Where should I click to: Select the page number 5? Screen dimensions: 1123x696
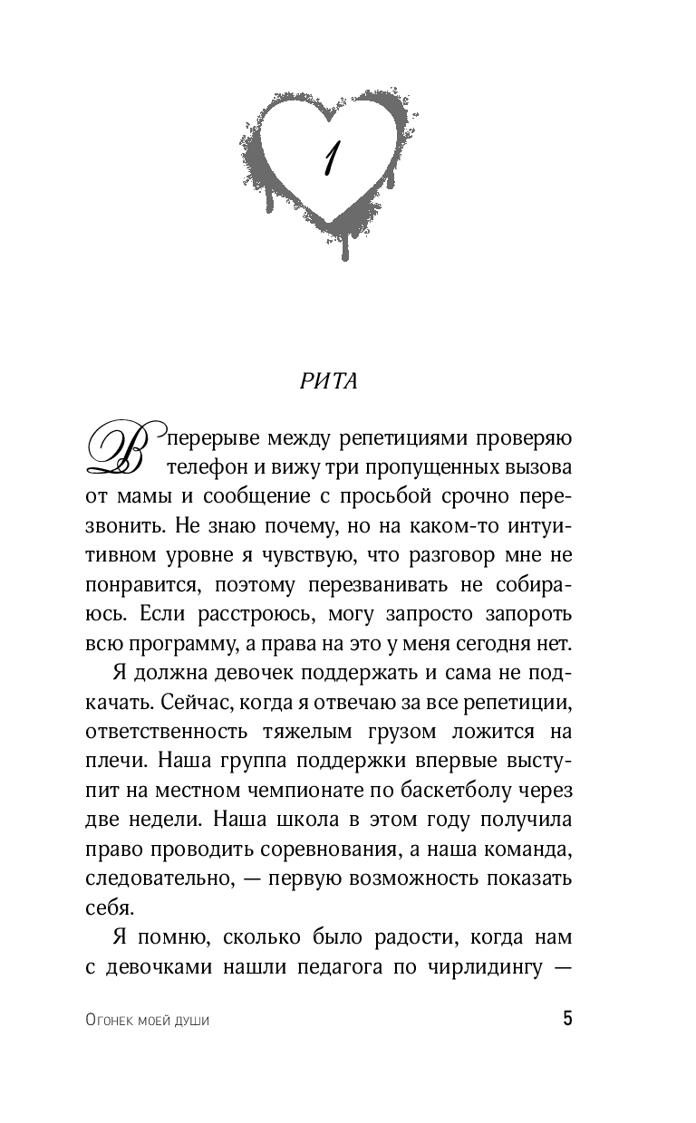pyautogui.click(x=567, y=1019)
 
